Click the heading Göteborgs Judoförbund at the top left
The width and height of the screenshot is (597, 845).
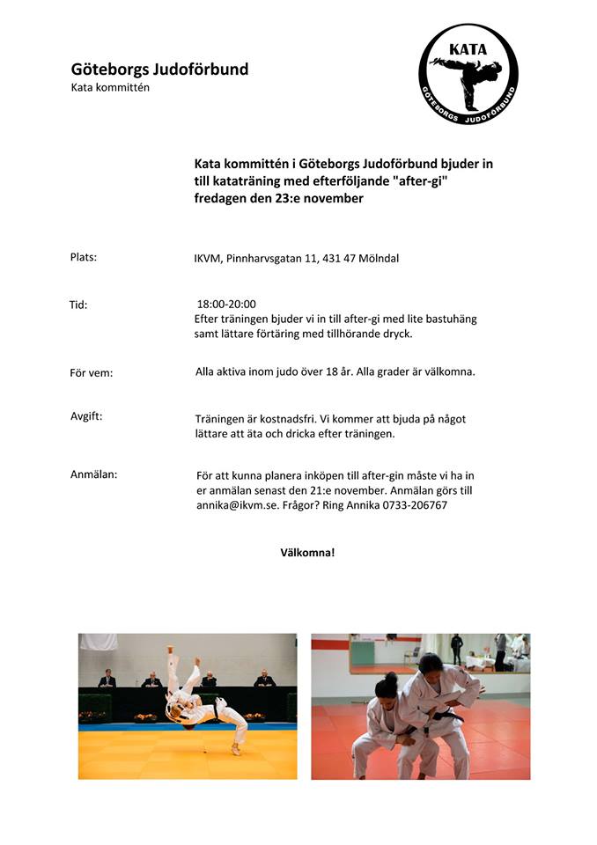159,69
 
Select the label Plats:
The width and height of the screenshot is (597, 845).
83,257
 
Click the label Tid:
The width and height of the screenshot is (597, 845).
78,305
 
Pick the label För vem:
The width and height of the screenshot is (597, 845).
92,372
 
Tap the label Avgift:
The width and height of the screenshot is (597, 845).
86,416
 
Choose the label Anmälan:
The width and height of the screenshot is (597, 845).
93,474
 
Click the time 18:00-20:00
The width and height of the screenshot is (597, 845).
226,305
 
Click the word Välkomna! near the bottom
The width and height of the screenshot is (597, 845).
307,553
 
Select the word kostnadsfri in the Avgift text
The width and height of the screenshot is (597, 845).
286,419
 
